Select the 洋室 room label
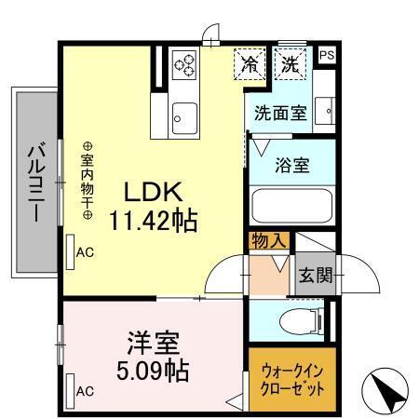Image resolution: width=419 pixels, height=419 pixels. point(154,342)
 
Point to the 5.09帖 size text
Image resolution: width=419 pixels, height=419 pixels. point(154,372)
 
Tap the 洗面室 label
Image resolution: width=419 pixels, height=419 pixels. point(280,115)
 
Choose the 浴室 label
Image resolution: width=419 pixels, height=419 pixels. point(291,166)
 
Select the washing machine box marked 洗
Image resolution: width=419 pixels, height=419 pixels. point(291,65)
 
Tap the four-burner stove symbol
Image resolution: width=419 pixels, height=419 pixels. point(185,63)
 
